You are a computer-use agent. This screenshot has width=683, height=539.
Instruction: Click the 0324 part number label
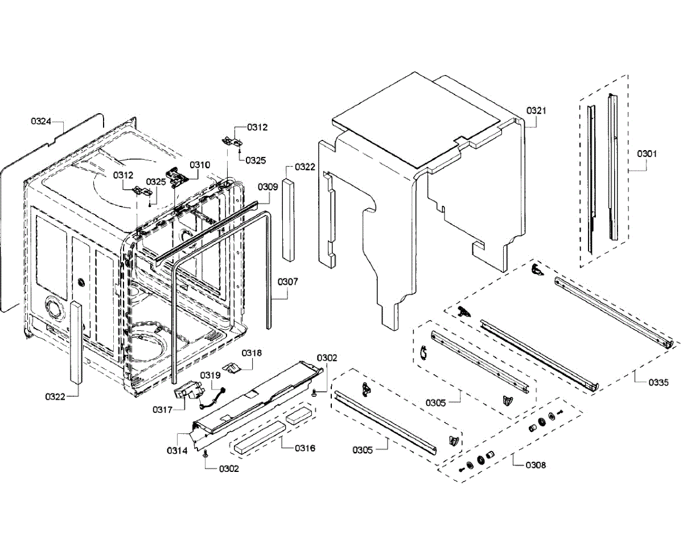coord(41,121)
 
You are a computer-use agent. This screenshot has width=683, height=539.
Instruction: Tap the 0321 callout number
coord(536,110)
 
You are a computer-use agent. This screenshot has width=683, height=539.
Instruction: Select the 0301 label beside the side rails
coord(647,154)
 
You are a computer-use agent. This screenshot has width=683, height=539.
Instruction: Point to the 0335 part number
coord(659,383)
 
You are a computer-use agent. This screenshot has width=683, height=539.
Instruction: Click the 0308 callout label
coord(536,465)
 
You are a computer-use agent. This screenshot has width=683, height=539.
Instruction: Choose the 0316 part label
coord(305,448)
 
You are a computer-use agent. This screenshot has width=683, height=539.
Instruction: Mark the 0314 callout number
coord(177,450)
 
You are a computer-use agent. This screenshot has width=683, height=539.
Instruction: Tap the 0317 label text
coord(162,409)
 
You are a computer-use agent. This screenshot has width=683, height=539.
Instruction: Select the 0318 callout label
coord(251,353)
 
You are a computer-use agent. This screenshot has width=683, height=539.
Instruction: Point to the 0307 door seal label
coord(287,281)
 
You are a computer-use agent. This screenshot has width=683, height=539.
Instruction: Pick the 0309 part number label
coord(268,186)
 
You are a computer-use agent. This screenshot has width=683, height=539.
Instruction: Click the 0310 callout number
coord(200,165)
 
